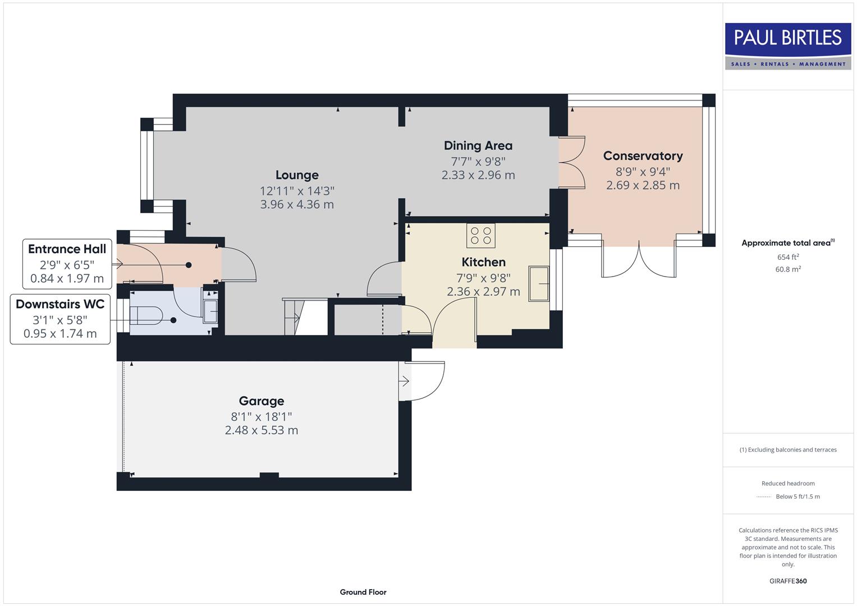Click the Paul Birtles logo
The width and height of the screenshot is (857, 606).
787,46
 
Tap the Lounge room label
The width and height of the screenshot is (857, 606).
297,175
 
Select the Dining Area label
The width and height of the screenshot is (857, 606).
478,146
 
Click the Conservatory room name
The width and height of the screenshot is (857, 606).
643,156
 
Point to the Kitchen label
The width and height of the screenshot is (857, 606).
483,262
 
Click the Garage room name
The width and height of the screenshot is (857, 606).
262,401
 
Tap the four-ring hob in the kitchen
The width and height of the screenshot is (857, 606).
480,235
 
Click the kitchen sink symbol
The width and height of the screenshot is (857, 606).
538,284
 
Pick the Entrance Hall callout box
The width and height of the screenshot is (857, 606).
67,264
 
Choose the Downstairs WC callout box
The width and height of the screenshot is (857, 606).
60,319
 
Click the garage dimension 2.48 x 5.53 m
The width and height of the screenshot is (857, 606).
262,430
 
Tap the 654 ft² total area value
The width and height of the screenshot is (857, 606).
788,257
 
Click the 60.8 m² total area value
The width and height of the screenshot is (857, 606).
788,269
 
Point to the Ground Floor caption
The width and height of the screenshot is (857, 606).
363,592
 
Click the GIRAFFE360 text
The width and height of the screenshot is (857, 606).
788,581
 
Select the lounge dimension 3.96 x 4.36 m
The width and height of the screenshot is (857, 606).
297,205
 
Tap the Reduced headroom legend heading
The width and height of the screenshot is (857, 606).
788,483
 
